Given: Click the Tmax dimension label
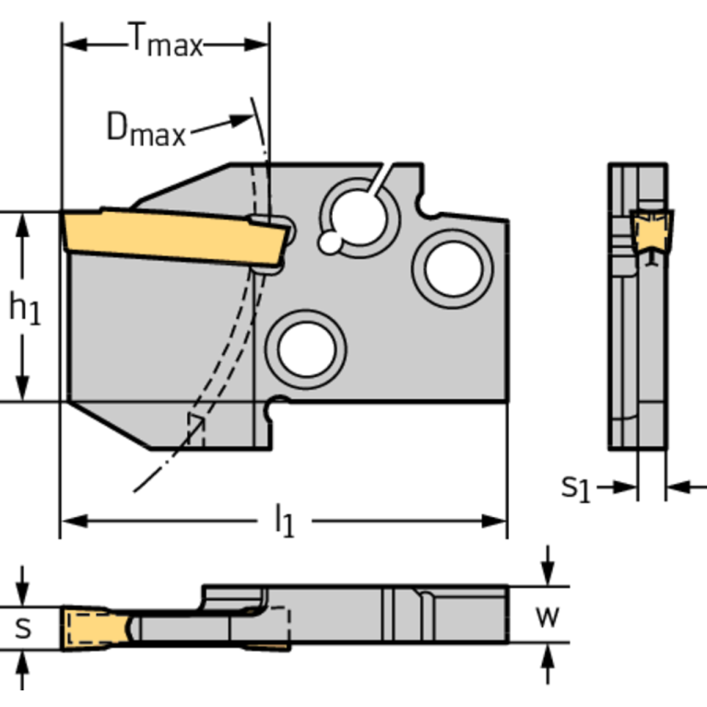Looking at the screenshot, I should coord(164,41).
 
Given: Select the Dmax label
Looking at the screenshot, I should coord(146,129).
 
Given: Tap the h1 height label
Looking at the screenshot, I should coord(25,309).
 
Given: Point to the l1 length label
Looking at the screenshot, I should coord(284,523).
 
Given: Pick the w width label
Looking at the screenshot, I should coord(548,615).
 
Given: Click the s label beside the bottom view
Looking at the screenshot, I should coord(25,628).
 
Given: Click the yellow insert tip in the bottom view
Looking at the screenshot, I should coord(92,628).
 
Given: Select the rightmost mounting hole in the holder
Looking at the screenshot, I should coord(453,267).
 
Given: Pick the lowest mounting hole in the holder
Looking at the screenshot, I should coord(305,349).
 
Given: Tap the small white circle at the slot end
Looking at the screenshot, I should coord(329,242).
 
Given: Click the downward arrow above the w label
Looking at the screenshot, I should coord(548,572).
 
